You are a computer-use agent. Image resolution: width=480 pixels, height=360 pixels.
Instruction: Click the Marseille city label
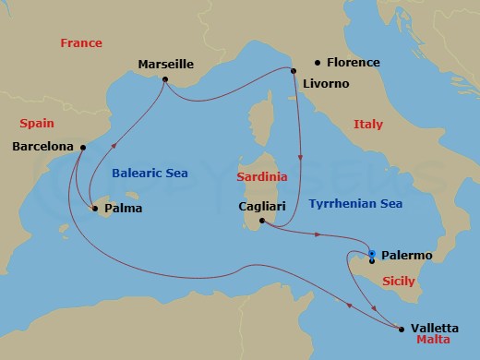click(x=165, y=65)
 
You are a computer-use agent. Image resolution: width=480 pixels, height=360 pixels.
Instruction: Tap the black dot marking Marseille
click(x=164, y=79)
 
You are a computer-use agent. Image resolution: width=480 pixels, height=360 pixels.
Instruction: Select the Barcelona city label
click(x=44, y=147)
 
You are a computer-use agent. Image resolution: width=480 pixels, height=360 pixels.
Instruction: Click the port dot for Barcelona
click(x=83, y=147)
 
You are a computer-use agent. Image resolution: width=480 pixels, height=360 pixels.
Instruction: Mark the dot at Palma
click(x=96, y=209)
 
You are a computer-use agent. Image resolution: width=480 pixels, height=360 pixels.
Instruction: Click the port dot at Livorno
click(x=294, y=70)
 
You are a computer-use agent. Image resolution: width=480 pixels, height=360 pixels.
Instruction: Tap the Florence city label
click(x=353, y=63)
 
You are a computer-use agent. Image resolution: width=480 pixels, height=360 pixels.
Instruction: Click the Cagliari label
click(x=243, y=208)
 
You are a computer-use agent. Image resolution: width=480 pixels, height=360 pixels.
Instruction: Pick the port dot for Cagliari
click(x=262, y=222)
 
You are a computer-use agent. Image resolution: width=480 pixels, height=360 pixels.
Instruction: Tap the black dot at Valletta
click(x=402, y=328)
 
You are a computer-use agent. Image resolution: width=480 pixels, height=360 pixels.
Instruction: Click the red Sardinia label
click(x=262, y=175)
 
